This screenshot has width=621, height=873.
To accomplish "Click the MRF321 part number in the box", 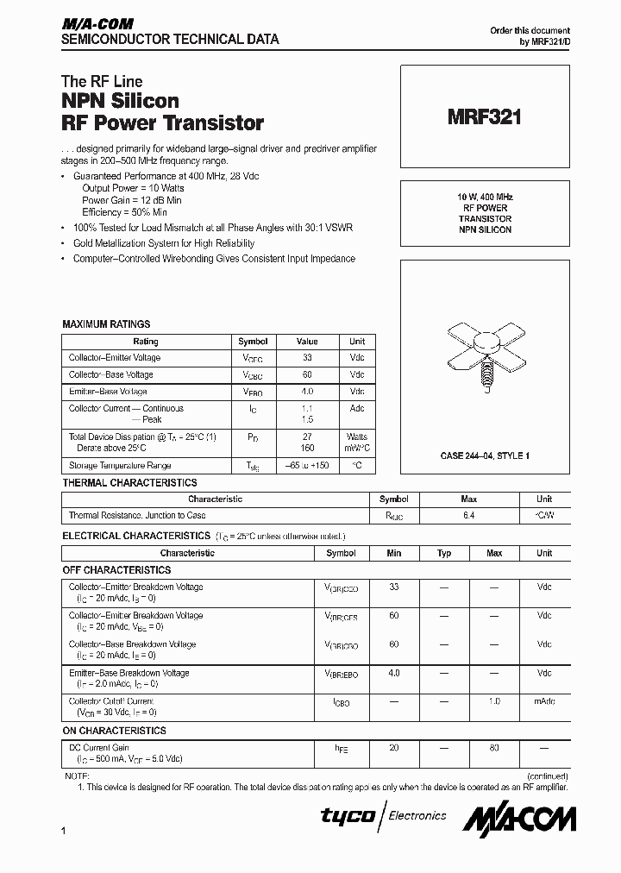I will tap(484, 117).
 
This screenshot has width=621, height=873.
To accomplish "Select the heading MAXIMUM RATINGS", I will tap(106, 324).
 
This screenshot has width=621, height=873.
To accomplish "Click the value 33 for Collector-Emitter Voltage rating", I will tap(308, 358).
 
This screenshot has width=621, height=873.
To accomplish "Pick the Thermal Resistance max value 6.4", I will tap(468, 516).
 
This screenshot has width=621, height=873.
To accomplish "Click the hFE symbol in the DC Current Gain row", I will tap(341, 748).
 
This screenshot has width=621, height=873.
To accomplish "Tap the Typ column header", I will tap(444, 554).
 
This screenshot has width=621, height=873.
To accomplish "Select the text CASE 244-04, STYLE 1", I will tap(485, 455).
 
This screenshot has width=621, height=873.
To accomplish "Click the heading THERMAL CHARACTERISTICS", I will tap(129, 483).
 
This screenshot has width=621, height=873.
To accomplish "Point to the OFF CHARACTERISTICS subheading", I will tap(116, 570).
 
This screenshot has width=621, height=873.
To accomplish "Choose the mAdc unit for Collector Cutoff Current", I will tap(544, 702).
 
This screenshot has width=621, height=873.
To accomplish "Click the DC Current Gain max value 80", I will tap(494, 748).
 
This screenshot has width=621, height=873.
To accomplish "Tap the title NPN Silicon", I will tap(120, 102).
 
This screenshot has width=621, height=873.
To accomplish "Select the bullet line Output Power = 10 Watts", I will tap(133, 187).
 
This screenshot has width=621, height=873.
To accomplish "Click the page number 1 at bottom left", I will tap(65, 830).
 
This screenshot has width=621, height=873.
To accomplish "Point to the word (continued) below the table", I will tap(545, 776).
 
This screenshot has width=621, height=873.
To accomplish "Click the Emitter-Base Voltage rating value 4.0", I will tap(308, 392).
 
